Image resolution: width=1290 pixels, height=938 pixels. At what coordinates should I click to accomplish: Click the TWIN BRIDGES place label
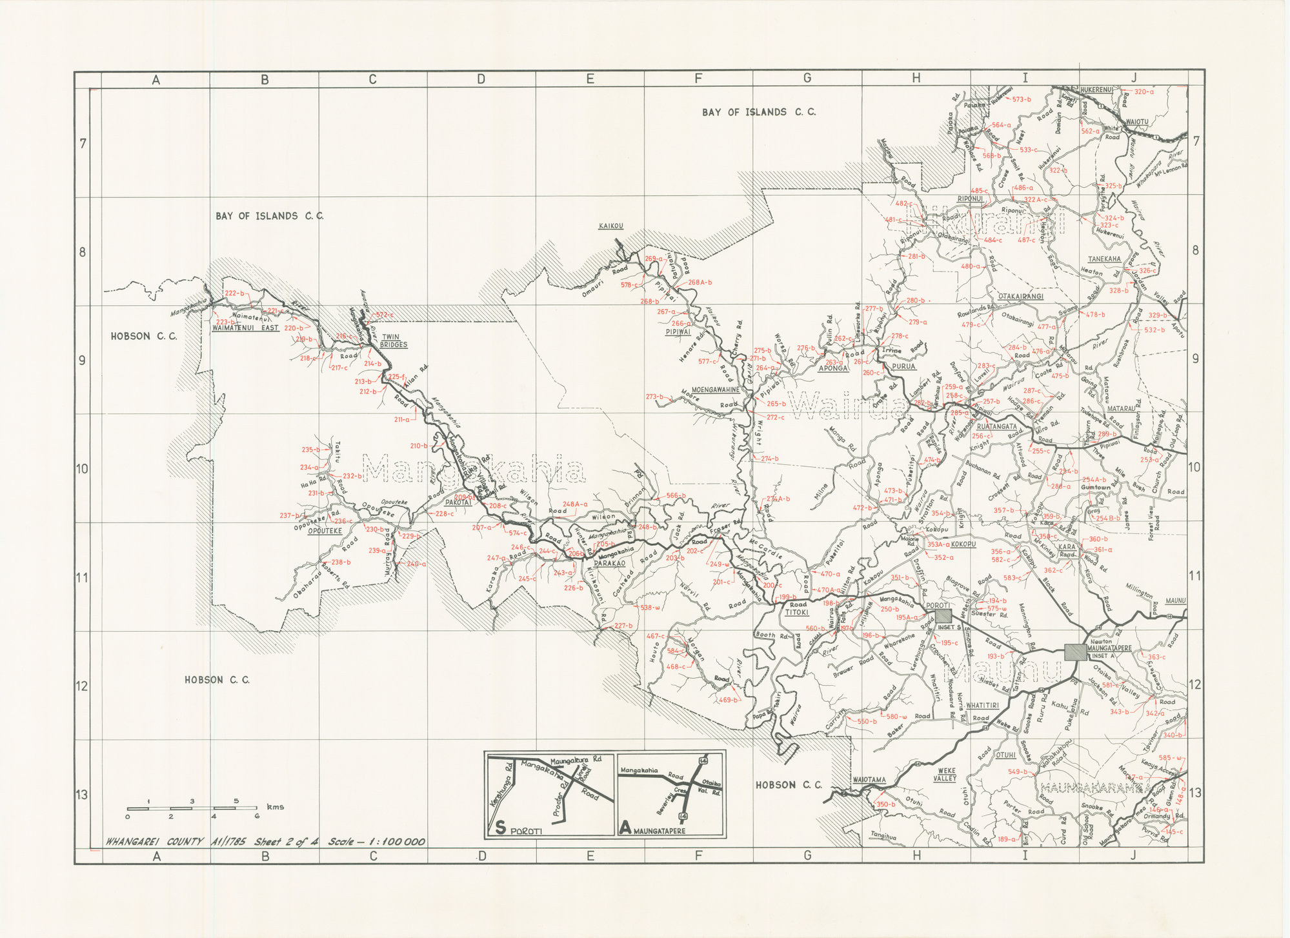pos(393,341)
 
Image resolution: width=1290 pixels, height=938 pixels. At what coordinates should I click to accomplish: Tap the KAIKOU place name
pos(610,226)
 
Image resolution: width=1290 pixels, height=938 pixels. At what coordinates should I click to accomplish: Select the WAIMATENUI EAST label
pos(245,328)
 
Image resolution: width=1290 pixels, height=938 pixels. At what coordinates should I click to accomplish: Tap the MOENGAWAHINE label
pos(715,390)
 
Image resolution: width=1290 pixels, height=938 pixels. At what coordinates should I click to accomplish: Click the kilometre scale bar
pos(192,808)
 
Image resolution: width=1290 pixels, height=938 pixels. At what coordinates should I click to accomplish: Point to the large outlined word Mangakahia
pos(474,469)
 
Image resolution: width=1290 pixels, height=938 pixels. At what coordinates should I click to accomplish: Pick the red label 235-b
pos(310,450)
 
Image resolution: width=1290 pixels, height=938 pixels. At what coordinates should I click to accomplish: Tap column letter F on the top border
pos(698,79)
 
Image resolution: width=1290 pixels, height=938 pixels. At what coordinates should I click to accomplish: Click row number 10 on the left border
pos(83,468)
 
